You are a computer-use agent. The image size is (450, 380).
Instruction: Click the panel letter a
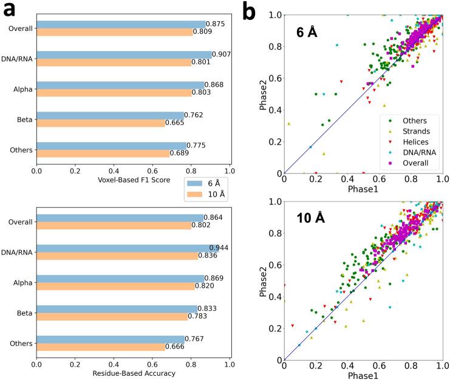(x=10, y=11)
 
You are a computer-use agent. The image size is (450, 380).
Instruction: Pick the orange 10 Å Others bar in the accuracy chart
(x=101, y=347)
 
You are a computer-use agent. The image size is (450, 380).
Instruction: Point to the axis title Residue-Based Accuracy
(x=134, y=373)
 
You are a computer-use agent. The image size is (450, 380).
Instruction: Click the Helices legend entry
(x=411, y=141)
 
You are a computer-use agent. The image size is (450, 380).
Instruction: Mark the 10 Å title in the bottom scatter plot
(x=311, y=217)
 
